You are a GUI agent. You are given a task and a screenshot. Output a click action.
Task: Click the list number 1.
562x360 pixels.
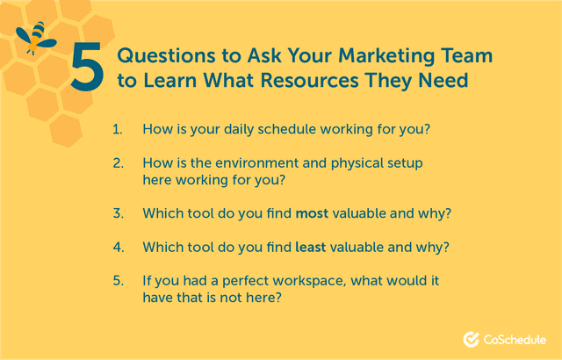pyautogui.click(x=118, y=129)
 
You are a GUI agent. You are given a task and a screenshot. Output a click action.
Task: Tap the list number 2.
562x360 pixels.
pyautogui.click(x=118, y=164)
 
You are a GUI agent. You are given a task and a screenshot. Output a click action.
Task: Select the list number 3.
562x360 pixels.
pyautogui.click(x=118, y=213)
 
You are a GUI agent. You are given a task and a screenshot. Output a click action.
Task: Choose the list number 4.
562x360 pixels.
pyautogui.click(x=118, y=248)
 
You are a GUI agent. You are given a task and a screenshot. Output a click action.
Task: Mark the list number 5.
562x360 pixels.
pyautogui.click(x=118, y=281)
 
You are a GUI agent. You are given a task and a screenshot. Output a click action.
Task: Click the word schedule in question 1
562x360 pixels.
pyautogui.click(x=286, y=129)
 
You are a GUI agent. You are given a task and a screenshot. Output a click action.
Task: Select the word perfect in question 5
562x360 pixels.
pyautogui.click(x=245, y=281)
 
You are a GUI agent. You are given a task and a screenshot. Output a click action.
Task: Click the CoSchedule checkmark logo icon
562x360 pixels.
pyautogui.click(x=471, y=339)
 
